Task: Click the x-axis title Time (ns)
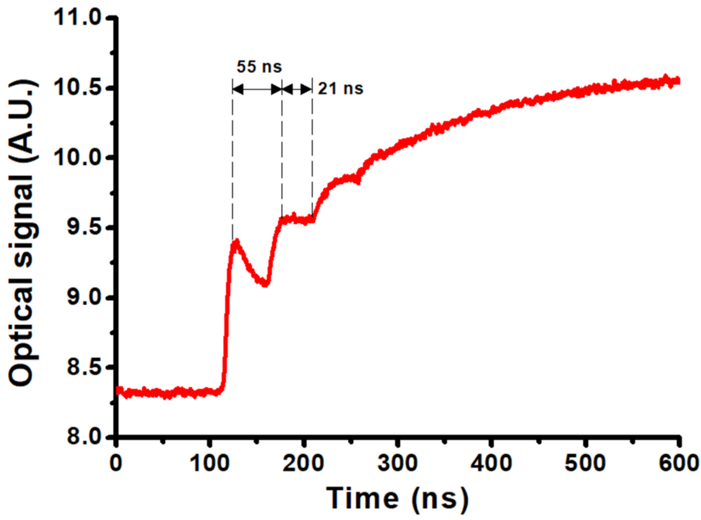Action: coord(397,498)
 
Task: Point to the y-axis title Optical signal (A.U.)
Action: coord(23,233)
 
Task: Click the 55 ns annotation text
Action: coord(259,67)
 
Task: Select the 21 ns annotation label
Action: coord(341,89)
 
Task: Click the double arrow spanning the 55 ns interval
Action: coord(257,89)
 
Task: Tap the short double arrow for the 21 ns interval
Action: coord(297,89)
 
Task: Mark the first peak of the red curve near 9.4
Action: coord(236,242)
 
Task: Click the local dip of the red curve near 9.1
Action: coord(265,283)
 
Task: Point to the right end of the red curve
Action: coord(678,80)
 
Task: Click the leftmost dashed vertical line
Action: coord(233,158)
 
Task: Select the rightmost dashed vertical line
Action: coord(312,150)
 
